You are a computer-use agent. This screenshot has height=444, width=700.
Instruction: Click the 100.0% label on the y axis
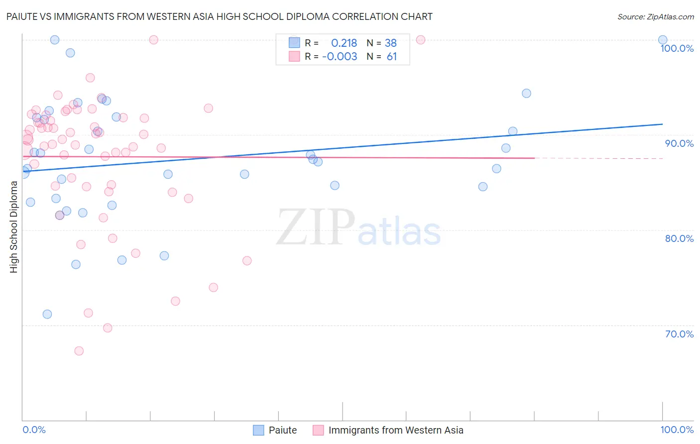[x=677, y=48]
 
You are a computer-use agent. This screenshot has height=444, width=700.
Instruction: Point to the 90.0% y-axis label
[x=679, y=143]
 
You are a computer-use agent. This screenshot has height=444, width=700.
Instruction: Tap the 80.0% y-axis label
[x=679, y=238]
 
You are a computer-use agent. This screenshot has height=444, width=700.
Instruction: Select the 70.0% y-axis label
[x=679, y=334]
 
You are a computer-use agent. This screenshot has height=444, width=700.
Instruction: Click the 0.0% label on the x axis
[x=34, y=430]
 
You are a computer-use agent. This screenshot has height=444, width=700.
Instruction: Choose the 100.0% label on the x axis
[x=677, y=430]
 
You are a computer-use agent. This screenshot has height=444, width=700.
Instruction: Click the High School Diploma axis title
[x=14, y=227]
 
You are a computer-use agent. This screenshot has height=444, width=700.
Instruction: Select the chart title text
[x=219, y=16]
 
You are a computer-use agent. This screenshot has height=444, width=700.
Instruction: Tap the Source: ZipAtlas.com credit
[x=655, y=16]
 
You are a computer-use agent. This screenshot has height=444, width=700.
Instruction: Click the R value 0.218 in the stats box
[x=344, y=43]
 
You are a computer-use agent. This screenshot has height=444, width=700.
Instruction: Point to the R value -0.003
[x=340, y=56]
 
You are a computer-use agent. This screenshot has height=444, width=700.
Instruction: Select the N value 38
[x=391, y=43]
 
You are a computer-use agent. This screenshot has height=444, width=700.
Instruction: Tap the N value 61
[x=392, y=56]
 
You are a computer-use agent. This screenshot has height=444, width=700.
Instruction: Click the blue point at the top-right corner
[x=663, y=40]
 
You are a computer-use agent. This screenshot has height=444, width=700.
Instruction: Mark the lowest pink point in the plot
[x=79, y=351]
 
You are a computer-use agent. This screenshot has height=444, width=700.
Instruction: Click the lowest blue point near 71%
[x=47, y=314]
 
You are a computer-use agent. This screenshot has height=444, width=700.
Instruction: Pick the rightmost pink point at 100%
[x=420, y=40]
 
